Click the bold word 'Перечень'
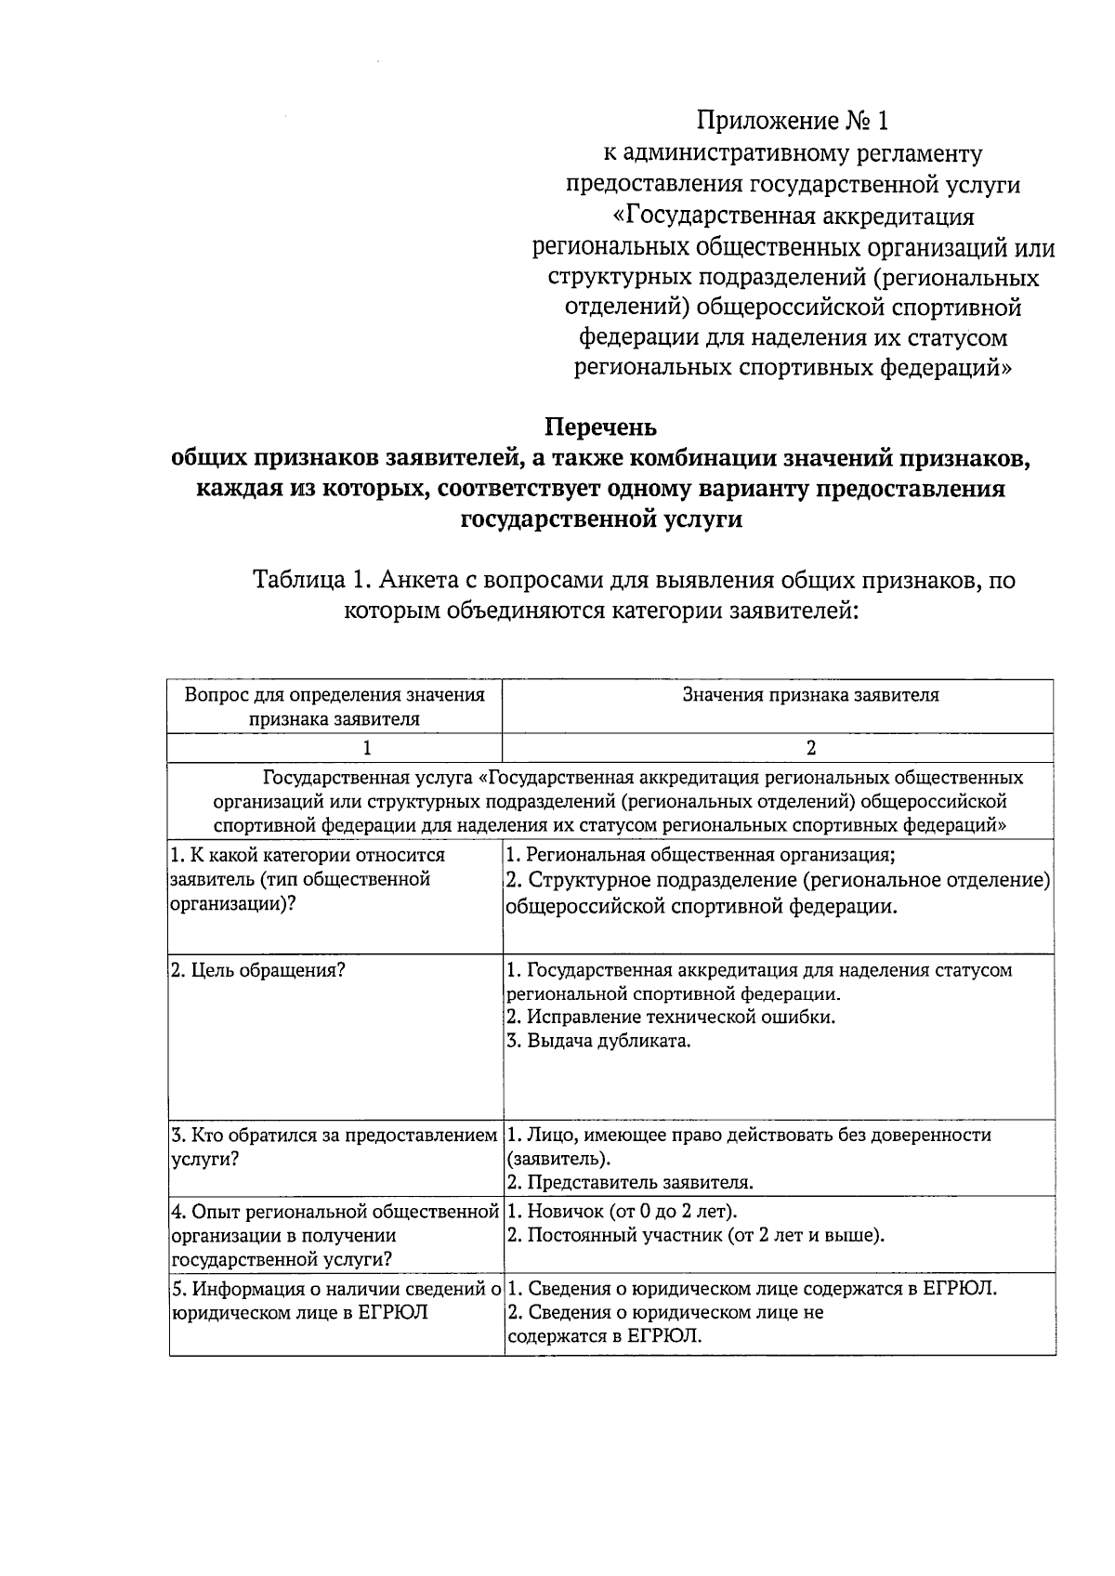[x=600, y=427]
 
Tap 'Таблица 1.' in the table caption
[x=306, y=581]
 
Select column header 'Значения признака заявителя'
[x=810, y=695]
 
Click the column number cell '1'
[x=367, y=748]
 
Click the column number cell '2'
[x=810, y=748]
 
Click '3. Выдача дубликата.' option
[x=599, y=1041]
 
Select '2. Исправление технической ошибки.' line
[x=671, y=1017]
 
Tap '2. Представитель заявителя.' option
[x=629, y=1183]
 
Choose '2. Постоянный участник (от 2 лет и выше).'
[x=695, y=1235]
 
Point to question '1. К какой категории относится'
[x=308, y=855]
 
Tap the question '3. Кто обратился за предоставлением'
[x=334, y=1136]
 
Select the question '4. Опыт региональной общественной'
[x=335, y=1212]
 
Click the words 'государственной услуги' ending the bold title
[x=601, y=519]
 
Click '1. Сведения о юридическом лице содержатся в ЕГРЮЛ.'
[x=753, y=1289]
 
